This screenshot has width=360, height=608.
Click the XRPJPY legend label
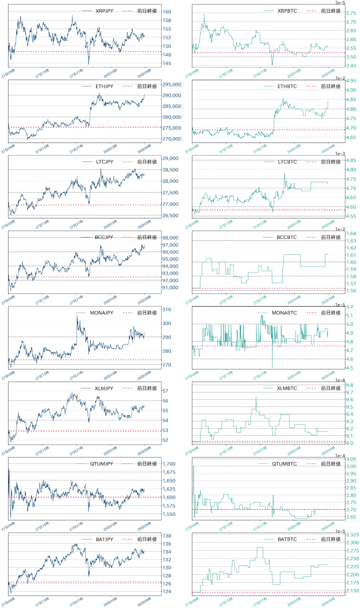(104, 11)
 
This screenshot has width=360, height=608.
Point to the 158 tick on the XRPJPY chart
(167, 21)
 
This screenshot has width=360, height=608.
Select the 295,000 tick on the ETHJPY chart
(172, 85)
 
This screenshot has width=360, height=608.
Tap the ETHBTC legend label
(287, 87)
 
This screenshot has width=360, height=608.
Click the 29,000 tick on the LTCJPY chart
(171, 158)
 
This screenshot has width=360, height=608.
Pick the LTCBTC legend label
(287, 162)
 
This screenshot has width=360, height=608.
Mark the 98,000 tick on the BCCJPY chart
(171, 238)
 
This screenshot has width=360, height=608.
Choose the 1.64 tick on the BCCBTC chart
(351, 234)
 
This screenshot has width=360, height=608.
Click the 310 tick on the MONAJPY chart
(167, 310)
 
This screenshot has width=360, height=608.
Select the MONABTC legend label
(284, 313)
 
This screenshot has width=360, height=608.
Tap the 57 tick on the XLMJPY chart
(166, 391)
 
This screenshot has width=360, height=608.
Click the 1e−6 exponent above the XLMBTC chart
(340, 380)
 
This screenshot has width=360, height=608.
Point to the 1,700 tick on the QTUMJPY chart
(169, 464)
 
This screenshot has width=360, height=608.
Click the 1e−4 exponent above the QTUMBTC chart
(340, 456)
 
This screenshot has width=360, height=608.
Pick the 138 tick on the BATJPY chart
(167, 536)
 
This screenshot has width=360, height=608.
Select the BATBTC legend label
(287, 540)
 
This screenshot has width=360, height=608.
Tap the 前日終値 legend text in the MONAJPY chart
(147, 313)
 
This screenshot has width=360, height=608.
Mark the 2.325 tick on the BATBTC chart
(353, 535)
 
